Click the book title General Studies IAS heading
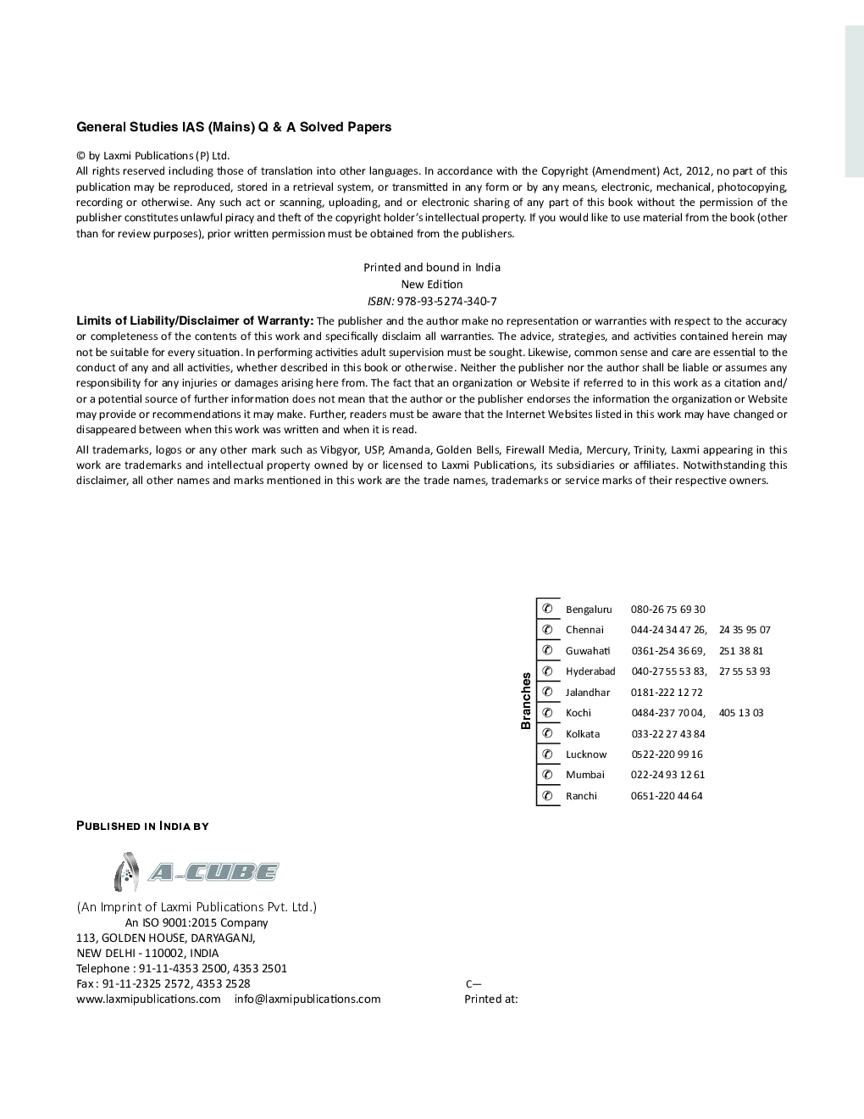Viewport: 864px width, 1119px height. click(x=234, y=127)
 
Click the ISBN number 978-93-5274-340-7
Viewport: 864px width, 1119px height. click(x=446, y=301)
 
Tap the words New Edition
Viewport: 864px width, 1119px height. click(x=432, y=284)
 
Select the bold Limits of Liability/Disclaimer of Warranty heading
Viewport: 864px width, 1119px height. click(x=195, y=320)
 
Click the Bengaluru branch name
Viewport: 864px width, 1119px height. click(x=589, y=610)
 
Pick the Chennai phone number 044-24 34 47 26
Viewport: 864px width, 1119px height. click(x=668, y=630)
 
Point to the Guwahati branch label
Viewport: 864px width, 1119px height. click(x=588, y=651)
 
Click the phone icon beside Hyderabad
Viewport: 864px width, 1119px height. click(x=548, y=671)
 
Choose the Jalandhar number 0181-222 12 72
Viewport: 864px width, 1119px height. click(x=667, y=693)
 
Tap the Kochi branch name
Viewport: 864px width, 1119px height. click(x=579, y=713)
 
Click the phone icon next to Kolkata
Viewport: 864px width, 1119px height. click(x=548, y=733)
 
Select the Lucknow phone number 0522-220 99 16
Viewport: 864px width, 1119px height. click(x=667, y=754)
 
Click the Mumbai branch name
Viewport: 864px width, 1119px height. click(x=585, y=775)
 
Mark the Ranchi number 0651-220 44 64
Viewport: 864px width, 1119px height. click(x=667, y=796)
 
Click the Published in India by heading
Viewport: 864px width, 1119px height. click(x=142, y=826)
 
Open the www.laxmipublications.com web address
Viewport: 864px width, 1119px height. click(x=148, y=999)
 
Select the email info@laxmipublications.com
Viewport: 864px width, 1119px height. click(x=307, y=999)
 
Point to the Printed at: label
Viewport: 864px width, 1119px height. click(x=491, y=999)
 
